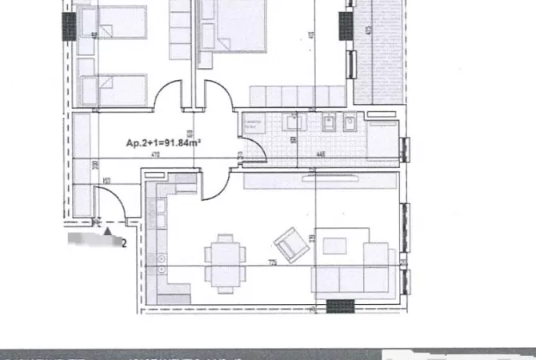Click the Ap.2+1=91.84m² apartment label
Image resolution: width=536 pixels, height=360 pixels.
tap(163, 143)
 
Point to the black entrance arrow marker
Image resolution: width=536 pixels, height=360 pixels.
tap(108, 234)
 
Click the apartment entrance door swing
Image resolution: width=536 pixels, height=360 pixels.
tap(110, 204)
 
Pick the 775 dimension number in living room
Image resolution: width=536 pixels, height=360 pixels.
tap(273, 262)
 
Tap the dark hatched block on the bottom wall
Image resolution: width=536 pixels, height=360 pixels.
tap(340, 306)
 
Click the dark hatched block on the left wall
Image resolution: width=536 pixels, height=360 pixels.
tap(70, 26)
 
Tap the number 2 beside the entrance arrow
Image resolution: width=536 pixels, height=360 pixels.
tap(123, 242)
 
